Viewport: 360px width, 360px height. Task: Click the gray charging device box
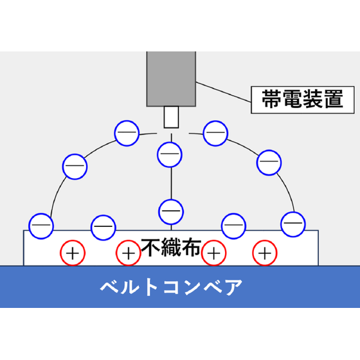171,78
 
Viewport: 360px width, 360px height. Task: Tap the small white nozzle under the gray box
171,117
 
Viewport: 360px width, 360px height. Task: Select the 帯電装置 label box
303,100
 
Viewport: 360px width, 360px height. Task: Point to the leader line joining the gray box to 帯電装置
224,92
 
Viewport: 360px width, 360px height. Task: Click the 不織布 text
171,248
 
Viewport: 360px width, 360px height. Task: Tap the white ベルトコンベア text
171,287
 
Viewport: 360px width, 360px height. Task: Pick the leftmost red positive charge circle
73,253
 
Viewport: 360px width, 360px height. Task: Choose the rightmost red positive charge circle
265,253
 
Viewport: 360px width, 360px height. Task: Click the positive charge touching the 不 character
129,253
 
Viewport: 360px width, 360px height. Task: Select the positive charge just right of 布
213,253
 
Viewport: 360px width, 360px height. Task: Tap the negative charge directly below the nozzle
170,154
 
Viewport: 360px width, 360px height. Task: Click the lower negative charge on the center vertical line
171,212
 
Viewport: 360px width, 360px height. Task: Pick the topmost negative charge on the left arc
127,133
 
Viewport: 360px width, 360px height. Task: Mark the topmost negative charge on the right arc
215,133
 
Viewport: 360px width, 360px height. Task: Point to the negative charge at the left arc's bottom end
41,226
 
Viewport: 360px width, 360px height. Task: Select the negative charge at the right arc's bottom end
293,224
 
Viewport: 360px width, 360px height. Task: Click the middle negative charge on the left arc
75,166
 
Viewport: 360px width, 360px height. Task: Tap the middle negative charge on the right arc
269,163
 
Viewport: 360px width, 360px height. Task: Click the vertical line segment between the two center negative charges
171,183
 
